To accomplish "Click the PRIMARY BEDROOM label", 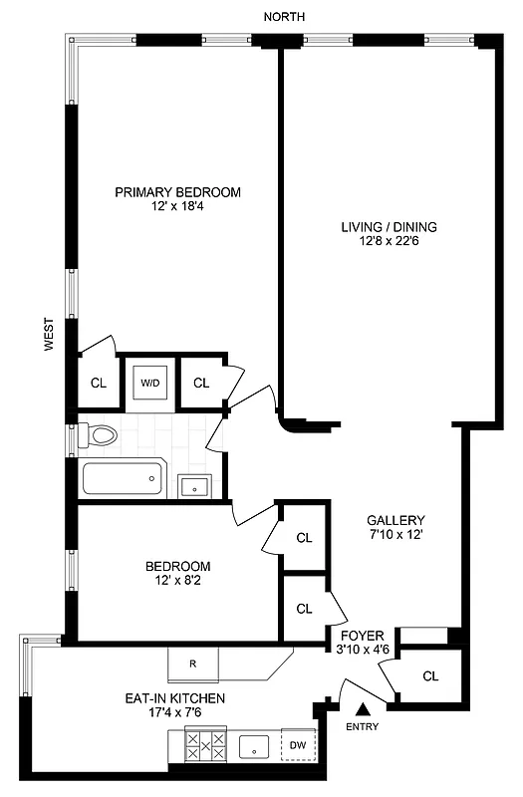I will (x=177, y=192).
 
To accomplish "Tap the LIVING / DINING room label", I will (x=389, y=226).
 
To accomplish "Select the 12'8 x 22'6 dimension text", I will (x=389, y=241).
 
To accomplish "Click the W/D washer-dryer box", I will (x=150, y=382).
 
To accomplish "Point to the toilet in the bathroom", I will (x=100, y=434).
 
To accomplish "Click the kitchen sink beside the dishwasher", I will (x=256, y=745).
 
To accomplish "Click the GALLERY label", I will (x=395, y=520).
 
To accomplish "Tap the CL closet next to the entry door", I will (x=430, y=676).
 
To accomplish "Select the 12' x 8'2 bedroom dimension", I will (x=176, y=581).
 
